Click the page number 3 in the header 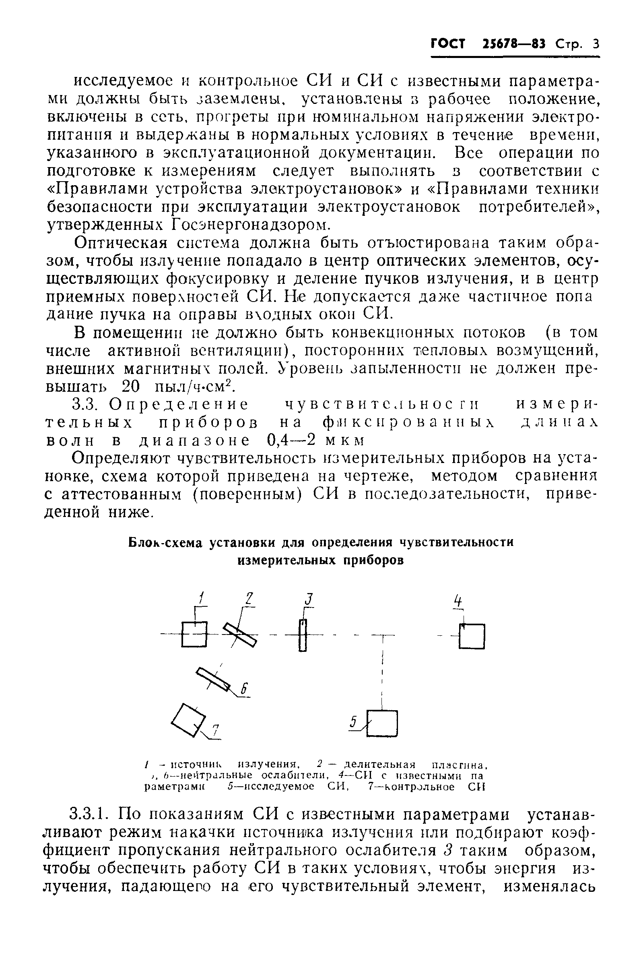coord(595,44)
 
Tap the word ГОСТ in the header coord(448,44)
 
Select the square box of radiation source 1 coord(195,635)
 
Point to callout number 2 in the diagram coord(249,599)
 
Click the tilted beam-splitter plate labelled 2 coord(240,635)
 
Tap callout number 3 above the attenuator coord(309,599)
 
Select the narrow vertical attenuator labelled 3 coord(303,635)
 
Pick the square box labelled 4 coord(472,637)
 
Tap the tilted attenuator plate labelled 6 coord(212,679)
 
